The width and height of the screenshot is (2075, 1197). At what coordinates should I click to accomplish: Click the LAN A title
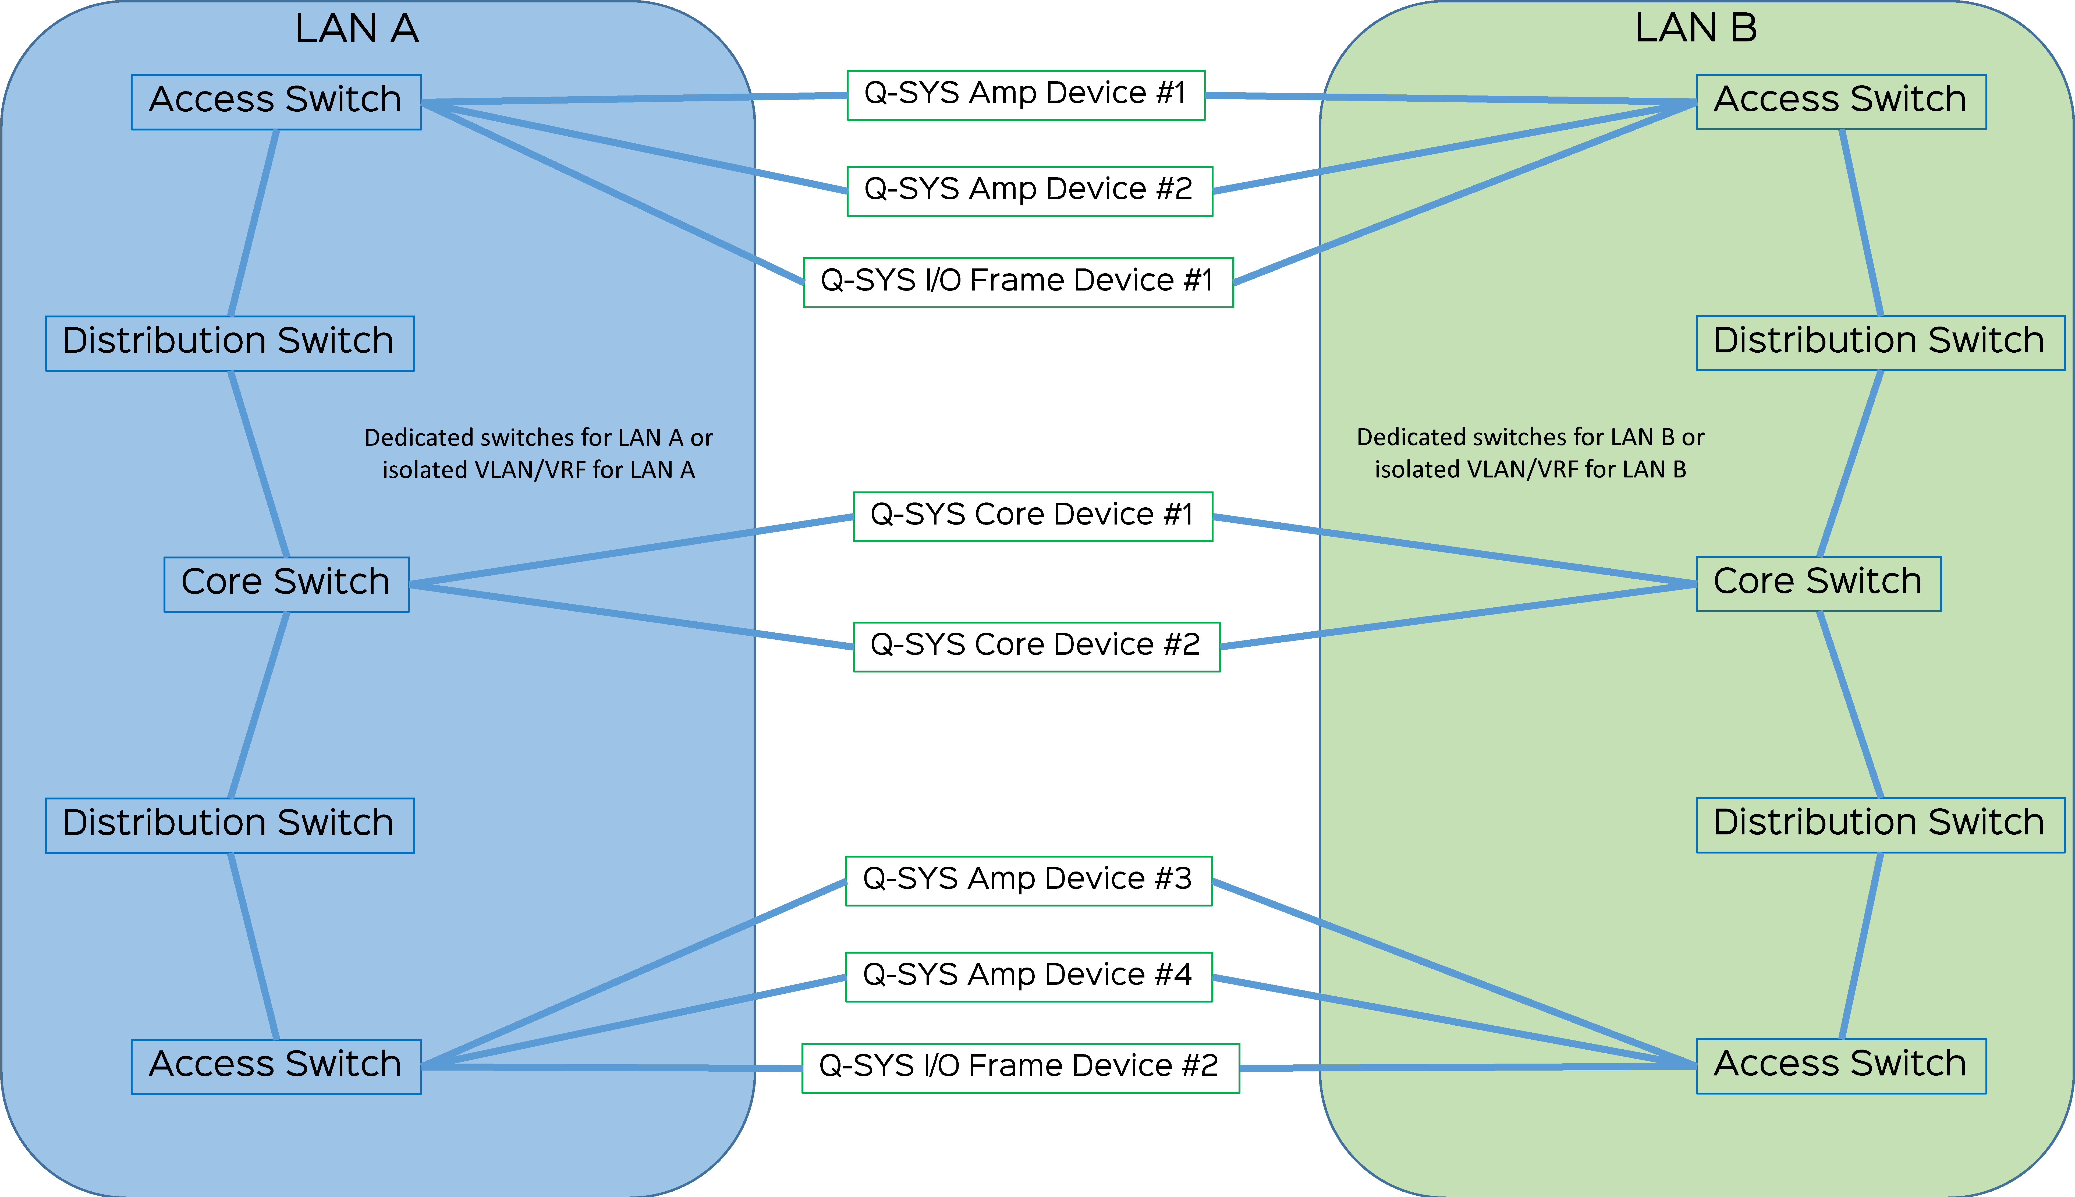coord(357,29)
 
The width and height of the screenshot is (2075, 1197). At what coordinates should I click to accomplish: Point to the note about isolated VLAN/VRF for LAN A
coord(538,454)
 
